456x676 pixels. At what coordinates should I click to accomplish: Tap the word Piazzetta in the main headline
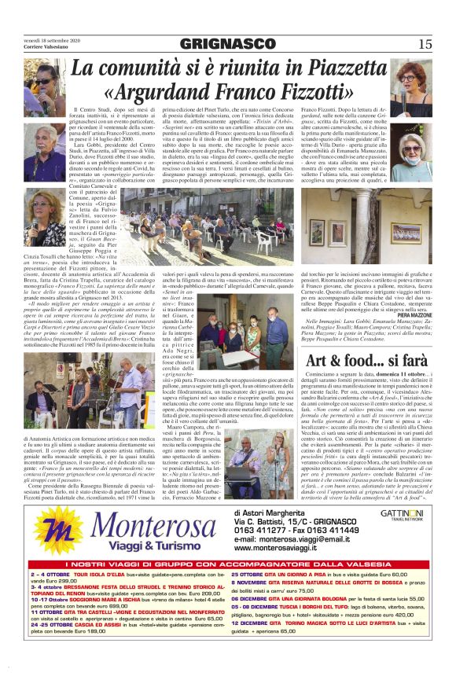click(x=346, y=69)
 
